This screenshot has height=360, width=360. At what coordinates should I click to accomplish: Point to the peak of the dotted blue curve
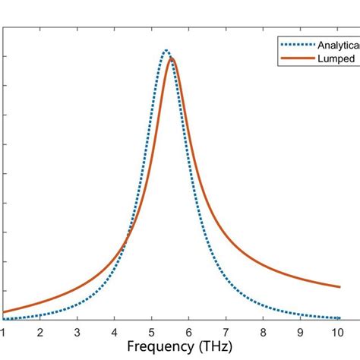click(166, 51)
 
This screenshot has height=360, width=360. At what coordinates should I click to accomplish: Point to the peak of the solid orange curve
click(172, 58)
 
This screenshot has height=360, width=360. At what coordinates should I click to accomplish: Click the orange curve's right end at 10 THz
click(339, 287)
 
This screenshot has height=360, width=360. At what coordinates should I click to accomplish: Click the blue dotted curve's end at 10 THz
click(339, 318)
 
